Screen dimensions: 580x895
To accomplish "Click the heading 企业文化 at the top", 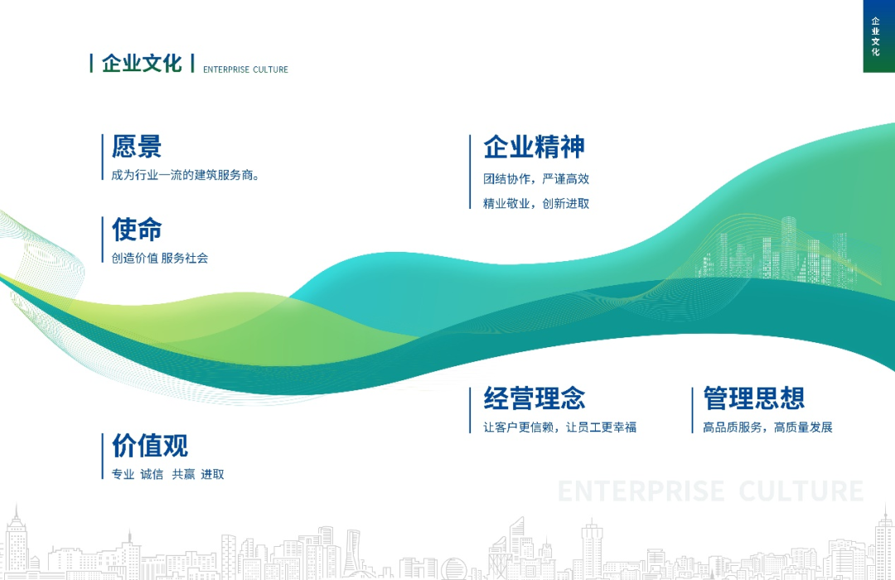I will coord(142,64).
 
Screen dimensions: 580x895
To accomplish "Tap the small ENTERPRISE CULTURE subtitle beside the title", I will coord(245,70).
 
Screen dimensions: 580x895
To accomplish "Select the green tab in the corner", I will coord(878,36).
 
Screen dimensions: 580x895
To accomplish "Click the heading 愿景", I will coord(137,147).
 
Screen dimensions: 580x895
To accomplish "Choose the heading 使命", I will coord(137,230).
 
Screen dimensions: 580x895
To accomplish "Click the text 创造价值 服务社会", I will coord(160,259).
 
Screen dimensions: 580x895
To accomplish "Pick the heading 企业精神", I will coord(535,147).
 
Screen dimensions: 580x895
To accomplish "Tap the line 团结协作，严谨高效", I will coord(536,179).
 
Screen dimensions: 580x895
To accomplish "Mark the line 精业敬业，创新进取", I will coord(536,204).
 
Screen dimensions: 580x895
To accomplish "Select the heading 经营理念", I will coord(535,399).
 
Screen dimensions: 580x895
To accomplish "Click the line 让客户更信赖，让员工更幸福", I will coord(560,428).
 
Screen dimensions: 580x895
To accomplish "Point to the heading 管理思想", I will coord(754,399).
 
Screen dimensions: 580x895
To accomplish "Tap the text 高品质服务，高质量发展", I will coord(767,428).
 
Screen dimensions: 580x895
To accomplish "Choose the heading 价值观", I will coord(150,446).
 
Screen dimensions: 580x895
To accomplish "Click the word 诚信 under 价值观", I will coord(152,475).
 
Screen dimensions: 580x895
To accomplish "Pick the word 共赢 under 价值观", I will coord(183,475).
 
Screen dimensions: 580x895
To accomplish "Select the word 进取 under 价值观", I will coord(212,475).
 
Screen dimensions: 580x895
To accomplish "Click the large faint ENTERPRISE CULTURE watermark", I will coord(711,491).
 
